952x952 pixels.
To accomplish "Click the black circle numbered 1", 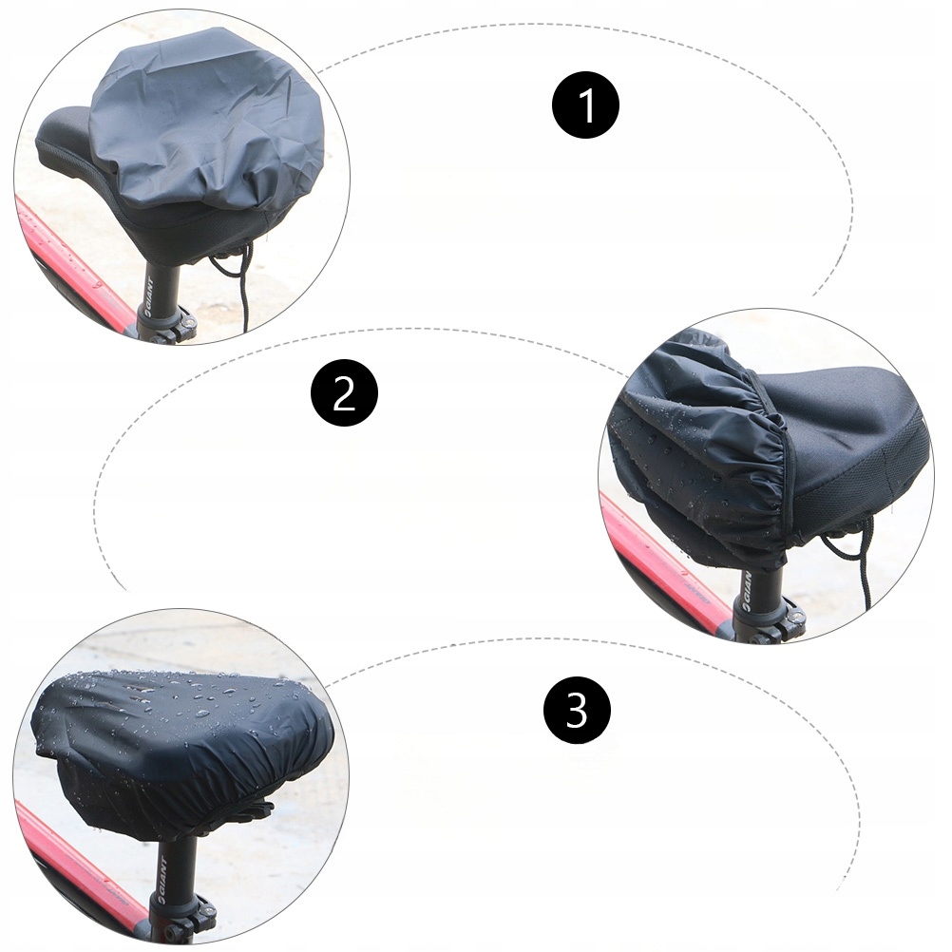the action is (585, 105).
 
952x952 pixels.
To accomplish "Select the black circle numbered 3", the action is (576, 709).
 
